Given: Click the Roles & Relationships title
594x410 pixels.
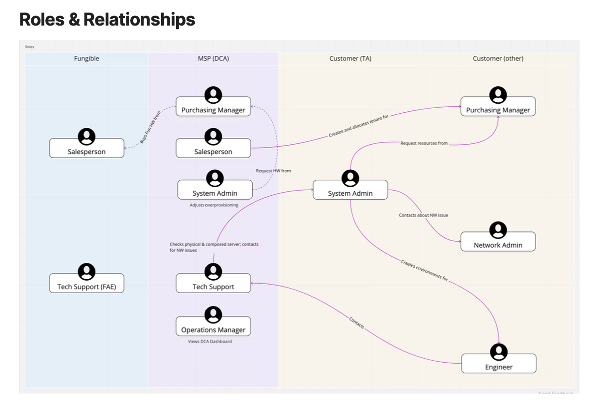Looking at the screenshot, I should pos(107,20).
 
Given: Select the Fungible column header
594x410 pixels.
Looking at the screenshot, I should pos(86,58).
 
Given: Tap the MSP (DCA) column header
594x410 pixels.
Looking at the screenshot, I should pos(213,58).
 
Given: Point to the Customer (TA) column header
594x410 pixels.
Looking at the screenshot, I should pos(350,58).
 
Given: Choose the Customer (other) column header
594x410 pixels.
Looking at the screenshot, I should pos(498,58).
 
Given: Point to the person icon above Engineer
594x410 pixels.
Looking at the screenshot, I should pos(499,352).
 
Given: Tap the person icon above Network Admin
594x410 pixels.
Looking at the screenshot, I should pos(498,230).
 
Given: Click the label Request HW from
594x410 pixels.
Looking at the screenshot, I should pos(273,171).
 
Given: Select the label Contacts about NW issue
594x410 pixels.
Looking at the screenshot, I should pos(423,215).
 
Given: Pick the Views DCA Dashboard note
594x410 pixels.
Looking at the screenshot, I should pos(210,342).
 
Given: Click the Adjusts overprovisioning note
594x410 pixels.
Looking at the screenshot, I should pos(214,205).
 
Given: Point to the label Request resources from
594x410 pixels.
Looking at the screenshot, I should pos(424,143).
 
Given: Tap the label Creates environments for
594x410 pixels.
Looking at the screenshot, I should pos(424,270).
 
